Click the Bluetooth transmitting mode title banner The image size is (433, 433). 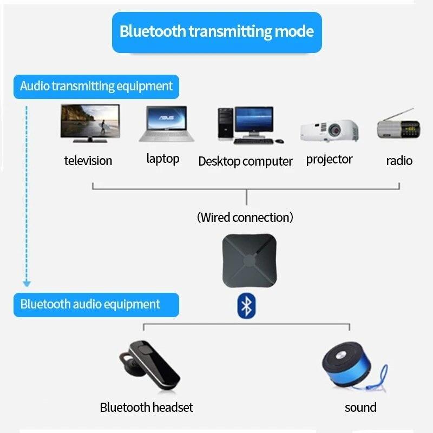[216, 31]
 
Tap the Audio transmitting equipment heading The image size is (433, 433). [96, 86]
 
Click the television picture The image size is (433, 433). [89, 123]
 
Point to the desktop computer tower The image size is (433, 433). [225, 123]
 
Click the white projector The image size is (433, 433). [329, 130]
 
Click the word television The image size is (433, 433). [88, 161]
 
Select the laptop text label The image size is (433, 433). [162, 159]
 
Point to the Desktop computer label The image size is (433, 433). [245, 161]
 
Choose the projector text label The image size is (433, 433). [329, 159]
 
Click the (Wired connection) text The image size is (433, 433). [245, 218]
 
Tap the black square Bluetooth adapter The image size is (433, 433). [247, 261]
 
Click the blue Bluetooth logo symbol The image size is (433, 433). [246, 306]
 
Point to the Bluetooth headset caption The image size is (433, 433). [146, 408]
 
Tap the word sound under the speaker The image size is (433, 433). [360, 408]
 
